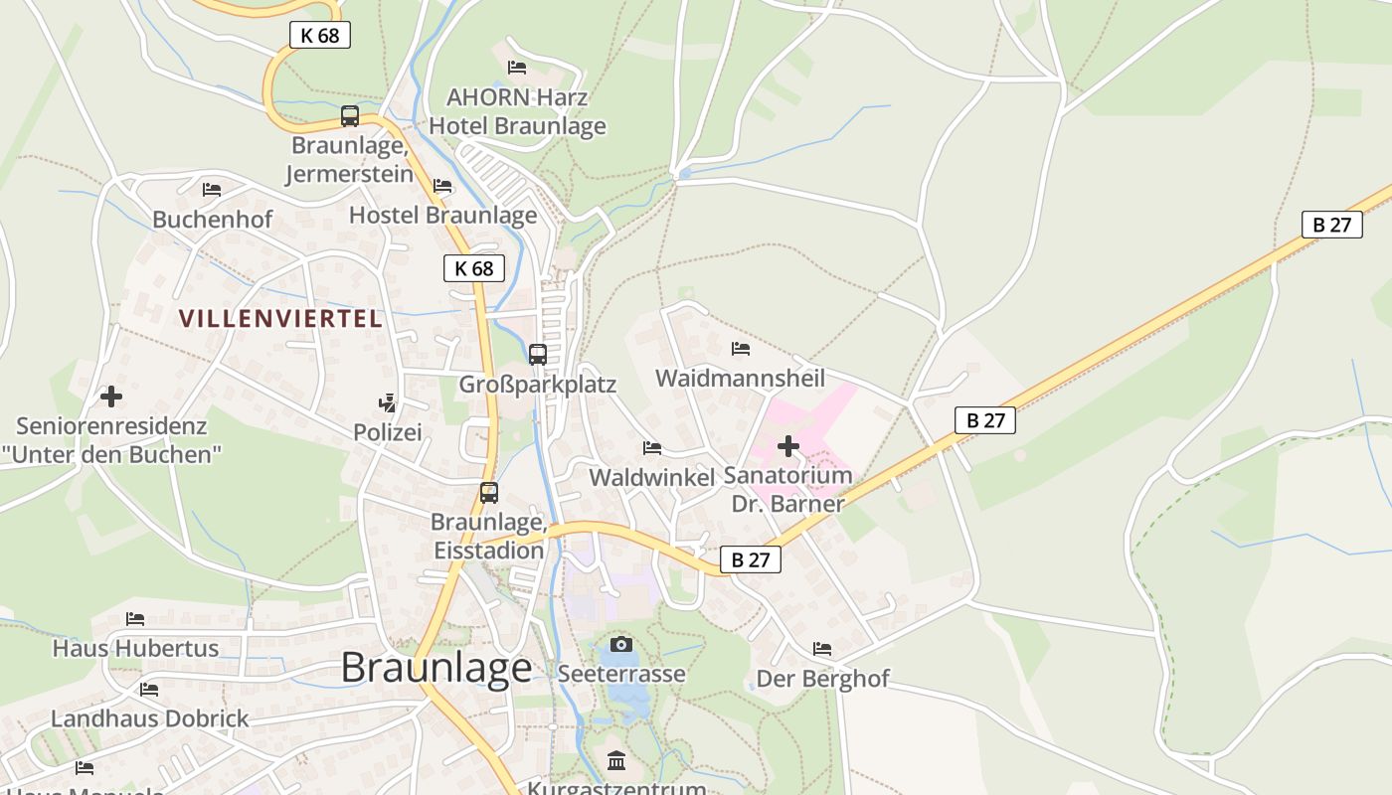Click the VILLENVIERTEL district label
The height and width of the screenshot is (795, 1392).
(280, 319)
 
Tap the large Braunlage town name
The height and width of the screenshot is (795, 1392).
(436, 667)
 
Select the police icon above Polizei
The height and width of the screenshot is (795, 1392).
(388, 402)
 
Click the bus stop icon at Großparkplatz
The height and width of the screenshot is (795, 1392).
(538, 354)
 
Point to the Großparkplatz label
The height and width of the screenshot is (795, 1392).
(538, 385)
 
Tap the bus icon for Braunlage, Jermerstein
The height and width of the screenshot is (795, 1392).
(350, 115)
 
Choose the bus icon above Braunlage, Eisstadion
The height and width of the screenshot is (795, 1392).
(489, 492)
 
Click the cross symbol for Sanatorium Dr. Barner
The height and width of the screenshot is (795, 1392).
(788, 446)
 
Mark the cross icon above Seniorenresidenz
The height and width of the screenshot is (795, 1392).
(111, 397)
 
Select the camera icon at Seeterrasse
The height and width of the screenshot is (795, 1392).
(621, 644)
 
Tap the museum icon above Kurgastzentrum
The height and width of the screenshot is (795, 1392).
(616, 761)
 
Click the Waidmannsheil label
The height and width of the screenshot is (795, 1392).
(741, 379)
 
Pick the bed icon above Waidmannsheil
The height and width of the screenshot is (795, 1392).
(741, 349)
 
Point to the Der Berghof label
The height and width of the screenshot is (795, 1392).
(823, 679)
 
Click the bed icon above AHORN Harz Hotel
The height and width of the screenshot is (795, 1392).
(517, 68)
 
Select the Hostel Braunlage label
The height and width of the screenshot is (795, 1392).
(443, 215)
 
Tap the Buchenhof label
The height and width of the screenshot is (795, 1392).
(213, 220)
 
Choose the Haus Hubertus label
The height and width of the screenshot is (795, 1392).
(135, 649)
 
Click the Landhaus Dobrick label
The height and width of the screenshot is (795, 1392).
(150, 718)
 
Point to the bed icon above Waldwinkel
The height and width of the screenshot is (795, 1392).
(652, 448)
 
